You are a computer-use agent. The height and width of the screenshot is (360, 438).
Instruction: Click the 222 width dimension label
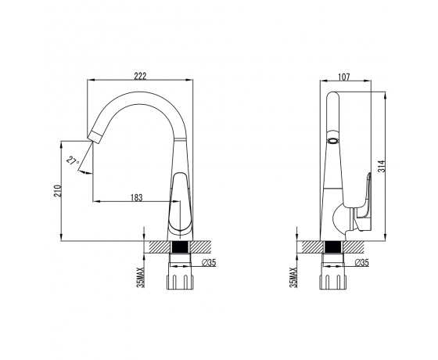tap(140, 76)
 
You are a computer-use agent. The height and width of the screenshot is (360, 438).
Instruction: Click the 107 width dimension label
tap(344, 77)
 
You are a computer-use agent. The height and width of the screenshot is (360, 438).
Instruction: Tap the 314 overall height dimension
tap(382, 166)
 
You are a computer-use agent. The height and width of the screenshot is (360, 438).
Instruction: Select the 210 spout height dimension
tap(57, 190)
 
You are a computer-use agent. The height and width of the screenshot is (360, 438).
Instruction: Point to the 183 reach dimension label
tap(137, 197)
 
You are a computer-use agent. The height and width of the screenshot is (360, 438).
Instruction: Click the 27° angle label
tap(72, 161)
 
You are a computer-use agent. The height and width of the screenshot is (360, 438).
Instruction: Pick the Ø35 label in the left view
tap(209, 262)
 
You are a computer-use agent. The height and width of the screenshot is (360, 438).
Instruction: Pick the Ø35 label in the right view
tap(361, 262)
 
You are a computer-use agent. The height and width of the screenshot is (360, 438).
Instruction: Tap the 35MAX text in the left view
tap(142, 278)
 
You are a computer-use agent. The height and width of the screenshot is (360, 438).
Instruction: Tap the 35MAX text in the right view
tap(293, 278)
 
